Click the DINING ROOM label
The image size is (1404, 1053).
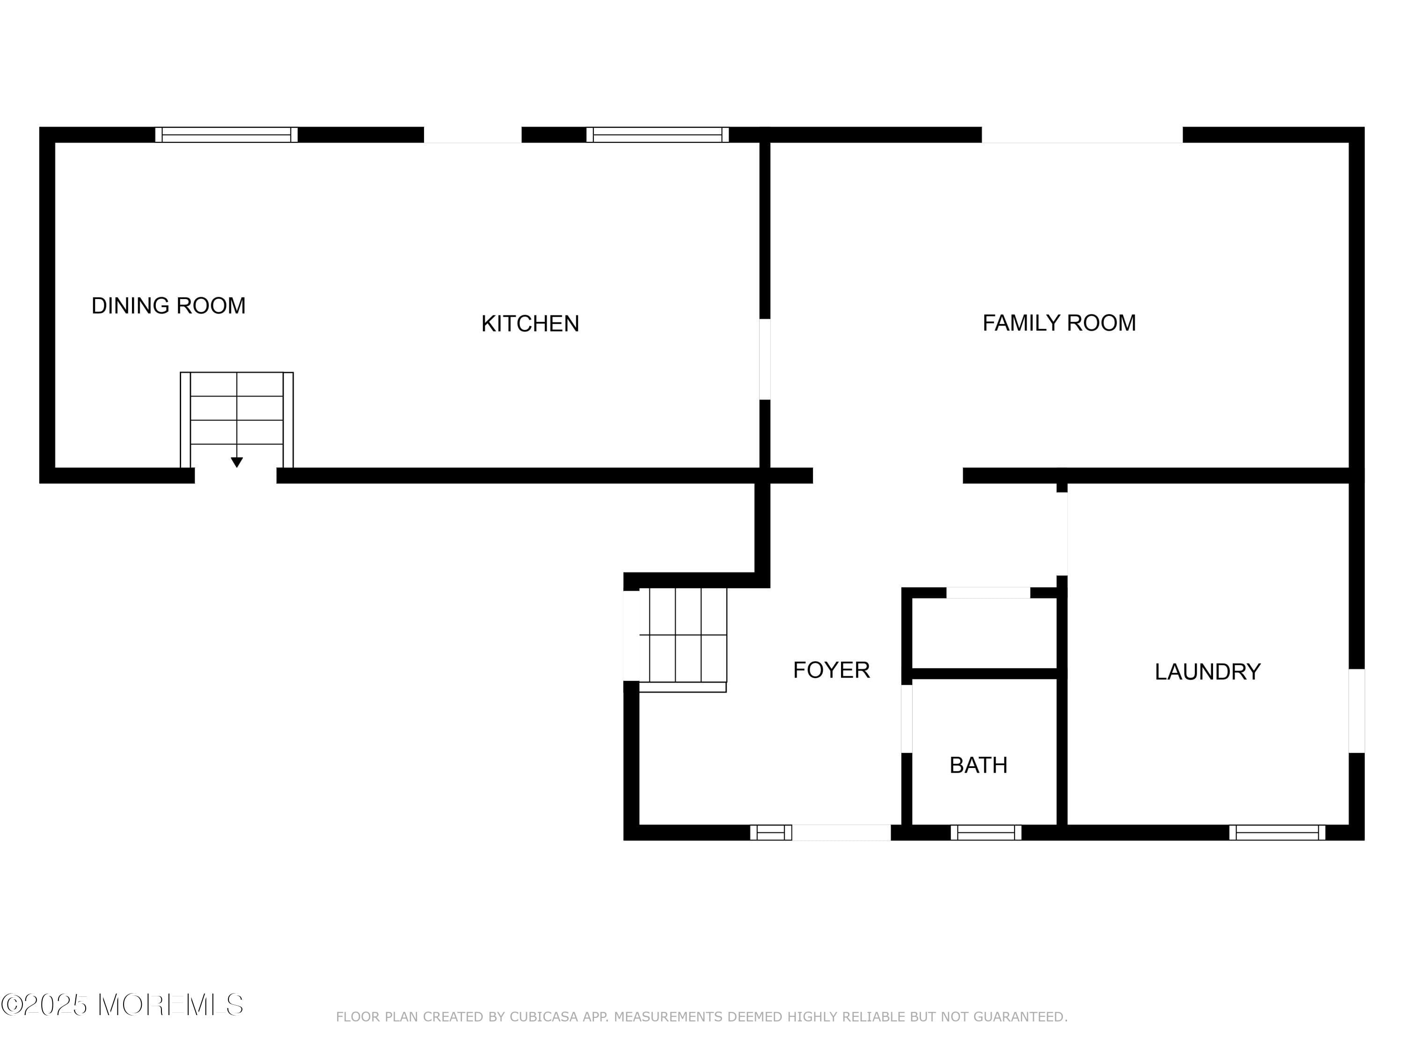tap(168, 306)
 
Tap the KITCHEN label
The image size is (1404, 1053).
tap(530, 324)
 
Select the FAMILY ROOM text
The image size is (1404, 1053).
tap(1059, 323)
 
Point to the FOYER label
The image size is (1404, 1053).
tap(831, 670)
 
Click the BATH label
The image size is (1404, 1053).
tap(978, 766)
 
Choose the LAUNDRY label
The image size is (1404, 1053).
tap(1207, 672)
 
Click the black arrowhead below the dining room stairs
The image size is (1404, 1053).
tap(237, 462)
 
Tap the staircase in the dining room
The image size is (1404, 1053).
tap(237, 413)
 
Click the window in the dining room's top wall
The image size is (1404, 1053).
tap(227, 135)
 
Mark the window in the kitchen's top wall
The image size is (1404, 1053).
tap(657, 135)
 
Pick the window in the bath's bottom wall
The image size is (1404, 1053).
tap(986, 833)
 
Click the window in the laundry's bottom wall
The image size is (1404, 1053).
tap(1277, 833)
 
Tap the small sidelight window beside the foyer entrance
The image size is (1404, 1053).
tap(770, 833)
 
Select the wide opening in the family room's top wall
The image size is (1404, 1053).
tap(1082, 135)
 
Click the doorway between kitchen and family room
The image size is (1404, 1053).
tap(765, 359)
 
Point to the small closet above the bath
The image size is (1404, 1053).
tap(984, 634)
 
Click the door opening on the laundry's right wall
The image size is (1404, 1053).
tap(1356, 711)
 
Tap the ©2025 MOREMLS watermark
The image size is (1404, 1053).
tap(122, 1005)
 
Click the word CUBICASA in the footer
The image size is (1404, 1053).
tap(544, 1017)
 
